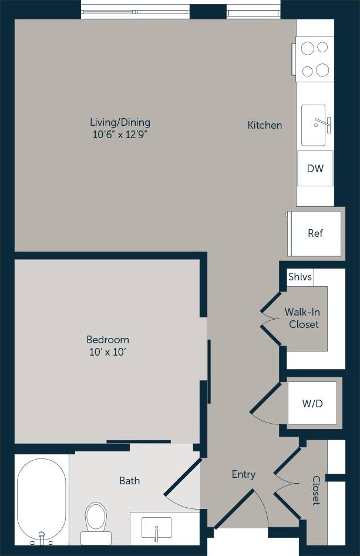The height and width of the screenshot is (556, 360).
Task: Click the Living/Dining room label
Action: coord(120,122)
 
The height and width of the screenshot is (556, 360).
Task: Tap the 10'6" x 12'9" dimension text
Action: coord(120,135)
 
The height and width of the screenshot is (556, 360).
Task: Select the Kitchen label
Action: coord(264,125)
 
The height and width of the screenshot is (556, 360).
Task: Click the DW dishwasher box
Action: coord(315,169)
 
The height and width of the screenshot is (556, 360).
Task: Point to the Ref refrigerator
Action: coord(315,233)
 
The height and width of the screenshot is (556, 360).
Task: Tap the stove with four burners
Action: coord(314,58)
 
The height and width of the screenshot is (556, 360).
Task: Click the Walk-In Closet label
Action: coord(303,318)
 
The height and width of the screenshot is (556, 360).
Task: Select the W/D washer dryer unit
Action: coord(312,404)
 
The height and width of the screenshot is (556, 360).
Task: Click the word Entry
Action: coord(243,474)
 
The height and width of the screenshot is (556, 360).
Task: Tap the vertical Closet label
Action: coord(316,491)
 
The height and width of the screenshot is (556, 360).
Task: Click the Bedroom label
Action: coord(107,340)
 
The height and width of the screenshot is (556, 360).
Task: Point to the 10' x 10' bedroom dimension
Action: coord(107,352)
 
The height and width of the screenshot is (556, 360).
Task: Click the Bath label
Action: coord(130,481)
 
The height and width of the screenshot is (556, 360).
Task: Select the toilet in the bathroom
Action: coord(96,521)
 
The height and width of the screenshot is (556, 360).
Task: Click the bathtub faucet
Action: coord(42,536)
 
